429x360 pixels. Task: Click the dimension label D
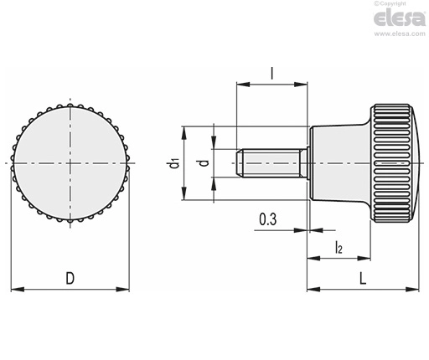70,278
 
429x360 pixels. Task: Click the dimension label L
362,278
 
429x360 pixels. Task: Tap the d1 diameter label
174,163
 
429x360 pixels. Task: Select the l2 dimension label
339,247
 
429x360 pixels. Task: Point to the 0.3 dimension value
268,219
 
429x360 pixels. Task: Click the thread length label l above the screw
271,74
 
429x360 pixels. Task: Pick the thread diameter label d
205,163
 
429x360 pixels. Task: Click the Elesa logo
400,18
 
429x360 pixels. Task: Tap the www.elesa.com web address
400,33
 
